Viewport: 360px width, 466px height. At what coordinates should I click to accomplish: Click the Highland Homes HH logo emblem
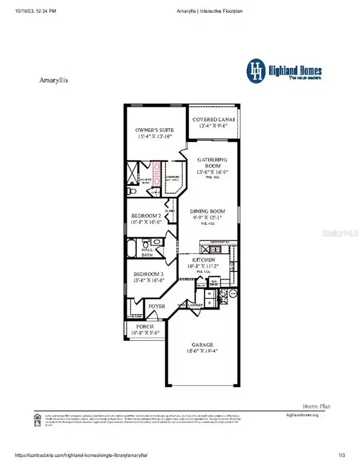tap(256, 71)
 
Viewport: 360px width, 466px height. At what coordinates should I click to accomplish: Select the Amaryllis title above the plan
tap(54, 80)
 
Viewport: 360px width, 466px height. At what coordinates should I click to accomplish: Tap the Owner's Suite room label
tap(154, 130)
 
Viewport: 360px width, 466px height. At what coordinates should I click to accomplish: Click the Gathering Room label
tap(212, 163)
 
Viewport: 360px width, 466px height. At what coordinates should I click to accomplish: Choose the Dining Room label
tap(207, 211)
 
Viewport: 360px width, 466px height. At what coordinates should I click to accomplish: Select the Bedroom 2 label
tap(146, 216)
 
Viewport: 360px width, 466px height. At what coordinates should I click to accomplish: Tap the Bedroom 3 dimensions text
tap(148, 280)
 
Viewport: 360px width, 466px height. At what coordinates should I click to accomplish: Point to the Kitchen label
tap(204, 260)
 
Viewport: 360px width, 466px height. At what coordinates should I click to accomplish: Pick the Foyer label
tap(157, 306)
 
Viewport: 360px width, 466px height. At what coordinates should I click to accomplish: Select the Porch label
tap(145, 327)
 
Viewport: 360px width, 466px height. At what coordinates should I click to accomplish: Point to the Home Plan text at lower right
tap(316, 406)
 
